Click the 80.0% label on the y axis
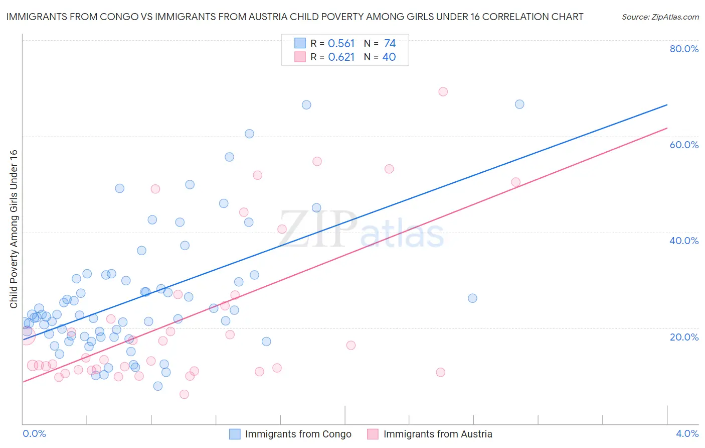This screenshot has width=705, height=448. coord(684,49)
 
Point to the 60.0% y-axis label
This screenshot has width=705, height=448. coord(684,145)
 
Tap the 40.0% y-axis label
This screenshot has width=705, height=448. coord(684,241)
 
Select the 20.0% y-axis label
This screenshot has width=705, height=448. coord(684,337)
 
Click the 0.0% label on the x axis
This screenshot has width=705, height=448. coord(34,433)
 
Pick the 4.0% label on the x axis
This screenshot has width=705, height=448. coord(687,433)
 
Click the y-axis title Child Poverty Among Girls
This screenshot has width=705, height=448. coord(14,229)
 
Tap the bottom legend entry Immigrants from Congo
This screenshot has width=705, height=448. coord(298,434)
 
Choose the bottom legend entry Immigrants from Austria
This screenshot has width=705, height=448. coord(437,434)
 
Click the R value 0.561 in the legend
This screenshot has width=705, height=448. coord(341,44)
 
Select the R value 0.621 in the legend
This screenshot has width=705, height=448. coord(341,57)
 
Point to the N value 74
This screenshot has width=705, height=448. coord(390,44)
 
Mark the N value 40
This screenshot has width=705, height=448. coord(389,57)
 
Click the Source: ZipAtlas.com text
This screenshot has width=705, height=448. coord(660,17)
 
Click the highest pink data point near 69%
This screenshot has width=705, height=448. coord(443,91)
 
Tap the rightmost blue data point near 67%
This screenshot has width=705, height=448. coord(519,104)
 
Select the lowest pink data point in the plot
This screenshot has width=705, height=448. coord(184,394)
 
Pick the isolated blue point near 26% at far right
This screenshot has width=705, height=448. coord(472,298)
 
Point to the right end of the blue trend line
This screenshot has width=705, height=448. coord(667,104)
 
